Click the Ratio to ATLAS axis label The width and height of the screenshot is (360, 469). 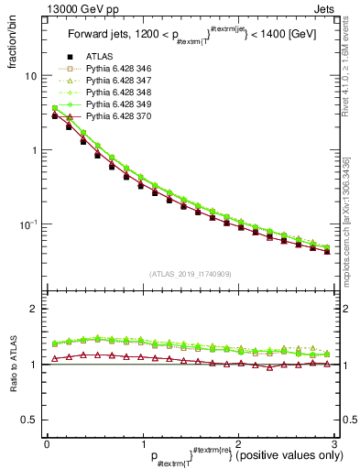11,364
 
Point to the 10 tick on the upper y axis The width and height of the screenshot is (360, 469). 29,76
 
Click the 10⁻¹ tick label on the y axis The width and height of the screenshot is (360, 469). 27,224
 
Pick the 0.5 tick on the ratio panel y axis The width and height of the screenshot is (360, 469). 29,420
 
